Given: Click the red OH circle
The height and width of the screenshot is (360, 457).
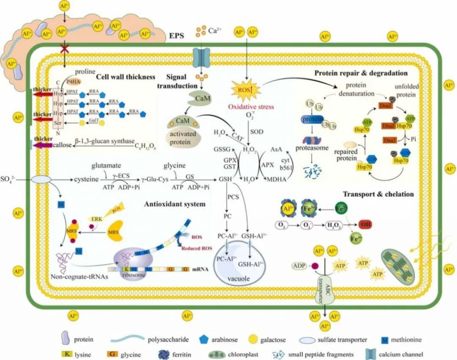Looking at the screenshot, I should click(x=363, y=224).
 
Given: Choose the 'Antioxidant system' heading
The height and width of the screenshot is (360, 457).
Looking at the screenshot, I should click(x=174, y=204).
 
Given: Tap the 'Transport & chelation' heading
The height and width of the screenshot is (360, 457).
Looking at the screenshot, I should click(x=378, y=194).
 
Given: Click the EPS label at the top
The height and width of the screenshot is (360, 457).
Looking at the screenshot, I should click(x=179, y=34).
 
